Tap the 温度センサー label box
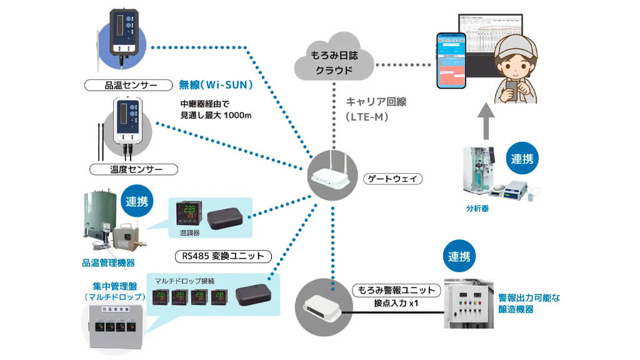[x=134, y=169]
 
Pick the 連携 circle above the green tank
[x=136, y=202]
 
